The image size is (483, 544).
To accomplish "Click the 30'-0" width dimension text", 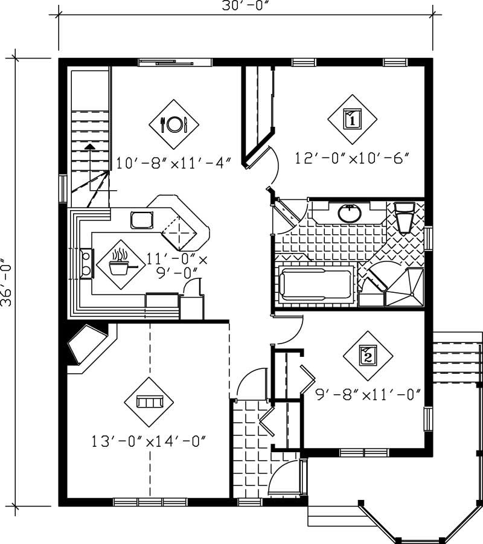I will coord(245,7).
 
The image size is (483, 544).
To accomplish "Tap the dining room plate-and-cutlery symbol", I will coord(174,124).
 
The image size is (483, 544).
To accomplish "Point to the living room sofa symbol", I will coord(149,402).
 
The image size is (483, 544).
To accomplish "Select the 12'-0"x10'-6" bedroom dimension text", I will coord(353,158).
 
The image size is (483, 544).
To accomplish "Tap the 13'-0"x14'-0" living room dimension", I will coord(149,441).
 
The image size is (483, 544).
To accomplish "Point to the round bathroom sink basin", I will coord(349,213).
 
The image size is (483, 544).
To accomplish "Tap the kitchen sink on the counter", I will coord(142,220).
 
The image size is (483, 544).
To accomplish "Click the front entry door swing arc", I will coord(284,480).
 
